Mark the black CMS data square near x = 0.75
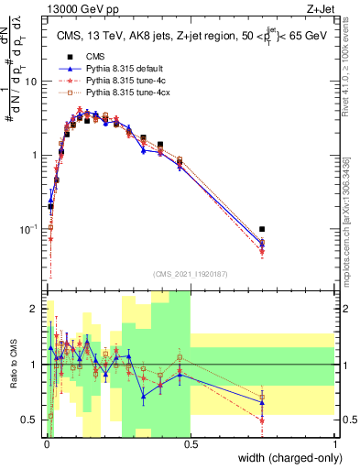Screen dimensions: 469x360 263,229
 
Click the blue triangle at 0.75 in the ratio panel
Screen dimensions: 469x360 263,402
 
